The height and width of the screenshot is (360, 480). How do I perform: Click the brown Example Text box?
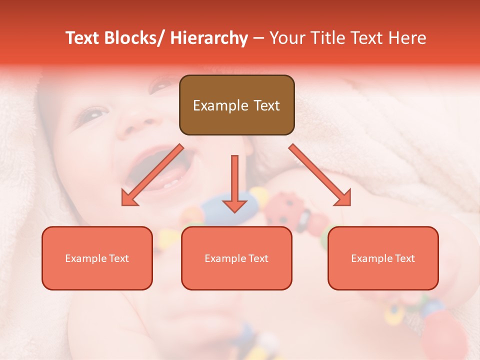[x=236, y=105]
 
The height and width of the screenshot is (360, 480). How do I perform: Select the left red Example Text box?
[x=97, y=258]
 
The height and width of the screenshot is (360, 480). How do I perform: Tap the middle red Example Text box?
[x=236, y=258]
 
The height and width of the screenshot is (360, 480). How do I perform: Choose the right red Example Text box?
[x=383, y=258]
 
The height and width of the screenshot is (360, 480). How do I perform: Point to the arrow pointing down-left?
[x=152, y=175]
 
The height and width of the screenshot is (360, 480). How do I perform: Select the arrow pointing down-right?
[x=320, y=175]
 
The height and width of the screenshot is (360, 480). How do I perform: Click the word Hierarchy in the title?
[x=208, y=38]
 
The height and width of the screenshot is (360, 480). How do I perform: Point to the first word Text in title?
[x=83, y=38]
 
